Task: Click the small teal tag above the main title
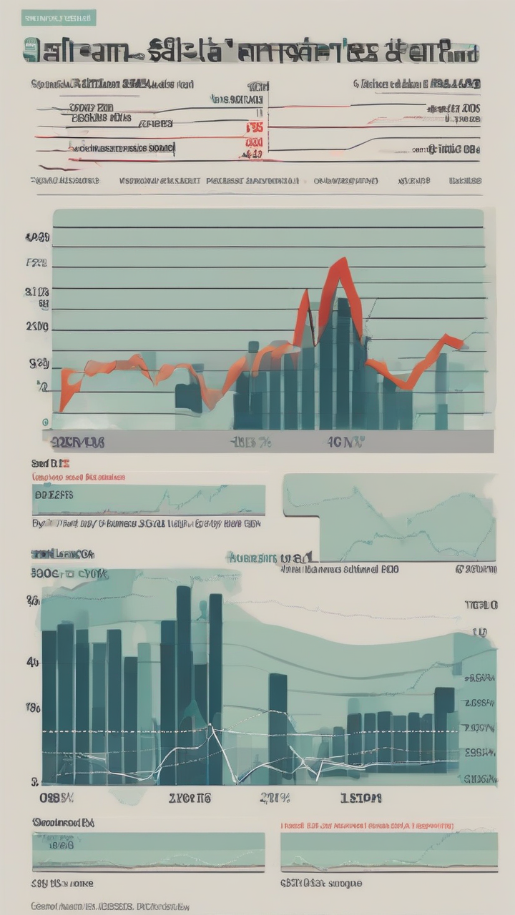point(58,18)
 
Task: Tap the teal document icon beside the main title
point(31,51)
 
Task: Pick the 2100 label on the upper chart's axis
point(37,327)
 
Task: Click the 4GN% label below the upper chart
point(345,442)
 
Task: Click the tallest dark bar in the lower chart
point(184,683)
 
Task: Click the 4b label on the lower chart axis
point(32,662)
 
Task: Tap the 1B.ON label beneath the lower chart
point(360,798)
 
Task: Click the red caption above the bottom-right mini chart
point(366,824)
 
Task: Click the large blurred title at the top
point(250,52)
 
